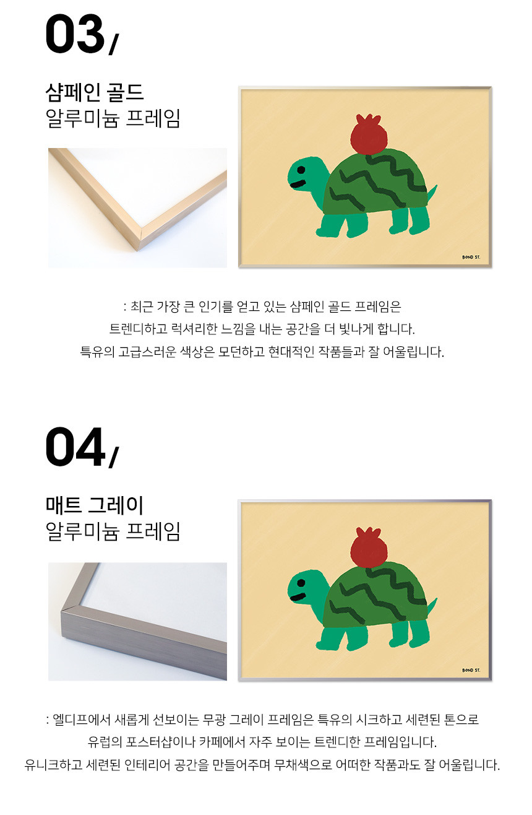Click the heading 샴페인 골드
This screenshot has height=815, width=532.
coord(95,92)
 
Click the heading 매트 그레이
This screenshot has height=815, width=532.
coord(95,505)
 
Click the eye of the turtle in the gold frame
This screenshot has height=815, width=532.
coord(301,170)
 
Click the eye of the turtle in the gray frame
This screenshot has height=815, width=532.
coord(301,583)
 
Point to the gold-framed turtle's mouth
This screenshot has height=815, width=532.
coord(298,185)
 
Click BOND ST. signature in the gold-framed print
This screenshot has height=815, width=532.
coord(471,257)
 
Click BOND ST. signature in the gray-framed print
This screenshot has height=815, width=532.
coord(471,670)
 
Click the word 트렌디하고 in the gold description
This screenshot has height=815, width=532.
coord(139,329)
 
